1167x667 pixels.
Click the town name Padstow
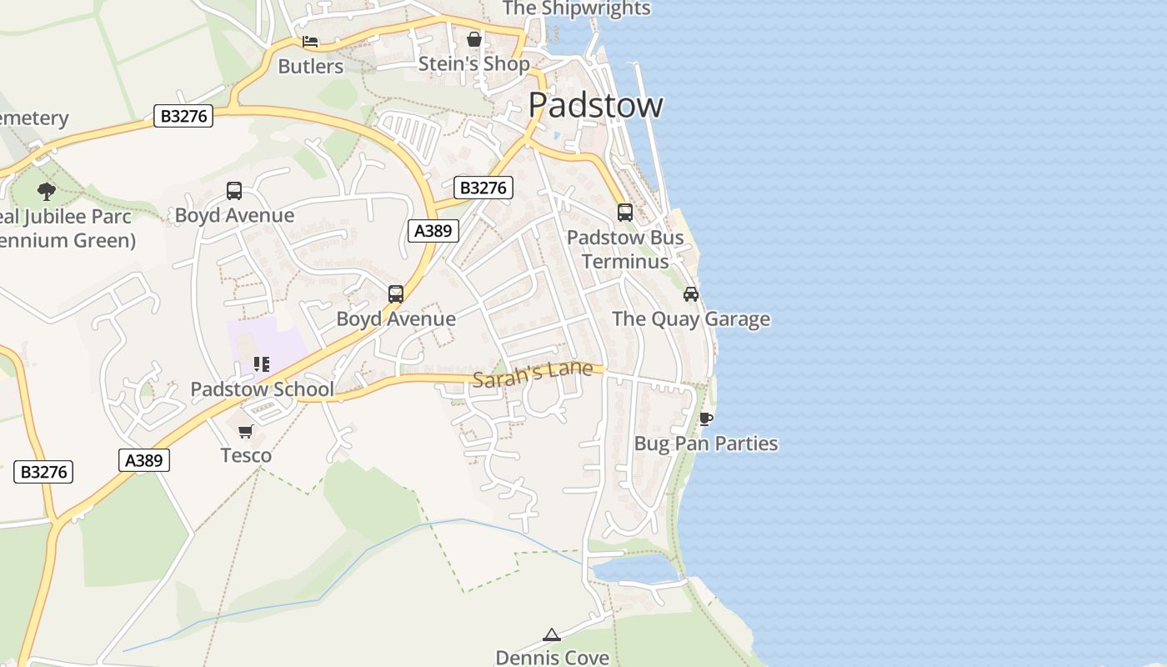click(x=595, y=105)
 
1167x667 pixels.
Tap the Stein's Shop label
click(x=473, y=64)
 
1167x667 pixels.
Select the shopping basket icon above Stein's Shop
click(x=474, y=39)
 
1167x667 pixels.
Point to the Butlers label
click(x=310, y=67)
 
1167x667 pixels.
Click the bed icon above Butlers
click(x=310, y=42)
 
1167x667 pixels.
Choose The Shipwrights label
click(x=576, y=8)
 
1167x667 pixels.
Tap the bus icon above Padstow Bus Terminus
click(x=625, y=213)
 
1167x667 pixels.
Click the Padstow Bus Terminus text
click(x=625, y=249)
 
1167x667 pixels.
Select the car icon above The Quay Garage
click(x=691, y=294)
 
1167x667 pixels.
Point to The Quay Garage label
click(x=691, y=319)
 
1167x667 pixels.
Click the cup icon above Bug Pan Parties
click(x=706, y=419)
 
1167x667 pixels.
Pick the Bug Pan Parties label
click(x=706, y=444)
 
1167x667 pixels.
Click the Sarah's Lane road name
click(x=532, y=374)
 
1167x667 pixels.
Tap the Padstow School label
click(x=262, y=389)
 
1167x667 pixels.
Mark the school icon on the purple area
click(x=262, y=364)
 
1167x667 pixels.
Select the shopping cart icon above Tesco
click(x=246, y=431)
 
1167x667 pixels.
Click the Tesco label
click(x=246, y=456)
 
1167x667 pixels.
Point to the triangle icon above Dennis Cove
click(x=551, y=635)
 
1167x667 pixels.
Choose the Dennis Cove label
click(x=552, y=657)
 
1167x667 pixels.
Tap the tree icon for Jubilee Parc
click(x=47, y=192)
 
